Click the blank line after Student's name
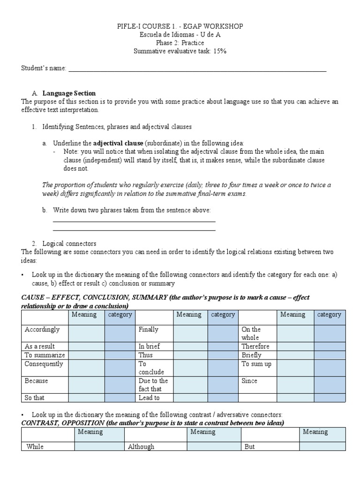(197, 69)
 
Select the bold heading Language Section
(69, 93)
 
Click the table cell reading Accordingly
(42, 330)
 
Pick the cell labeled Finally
(149, 330)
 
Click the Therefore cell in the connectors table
(255, 346)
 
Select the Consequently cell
(44, 364)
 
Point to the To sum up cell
(256, 364)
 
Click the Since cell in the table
(249, 381)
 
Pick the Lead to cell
(149, 398)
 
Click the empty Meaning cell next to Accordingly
(86, 333)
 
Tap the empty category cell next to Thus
(223, 355)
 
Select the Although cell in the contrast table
(141, 447)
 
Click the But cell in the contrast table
(250, 447)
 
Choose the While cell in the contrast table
(35, 447)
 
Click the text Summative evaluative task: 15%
(180, 51)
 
